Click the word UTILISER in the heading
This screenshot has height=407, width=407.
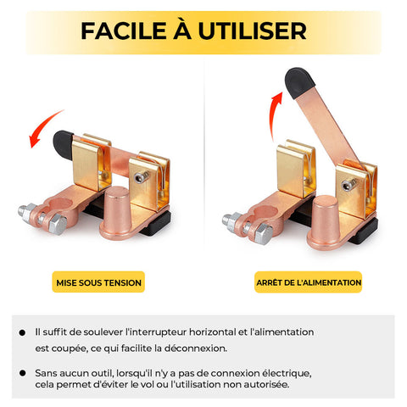[x=253, y=31]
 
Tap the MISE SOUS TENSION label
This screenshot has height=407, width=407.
[x=98, y=282]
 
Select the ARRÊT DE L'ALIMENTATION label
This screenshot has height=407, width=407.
[x=309, y=282]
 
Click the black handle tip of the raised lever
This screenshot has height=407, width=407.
[x=299, y=82]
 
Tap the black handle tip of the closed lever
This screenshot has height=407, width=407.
[x=63, y=145]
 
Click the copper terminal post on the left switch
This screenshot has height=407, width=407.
[x=116, y=212]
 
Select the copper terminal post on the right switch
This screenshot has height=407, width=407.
[x=324, y=222]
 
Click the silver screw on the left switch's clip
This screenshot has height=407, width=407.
[x=141, y=177]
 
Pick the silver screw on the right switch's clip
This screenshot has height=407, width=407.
[x=348, y=185]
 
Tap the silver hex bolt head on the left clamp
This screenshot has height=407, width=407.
[x=58, y=224]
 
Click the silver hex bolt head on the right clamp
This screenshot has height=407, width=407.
[x=264, y=233]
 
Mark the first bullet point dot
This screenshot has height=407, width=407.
[x=22, y=332]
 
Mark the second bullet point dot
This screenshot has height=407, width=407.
[x=22, y=373]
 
